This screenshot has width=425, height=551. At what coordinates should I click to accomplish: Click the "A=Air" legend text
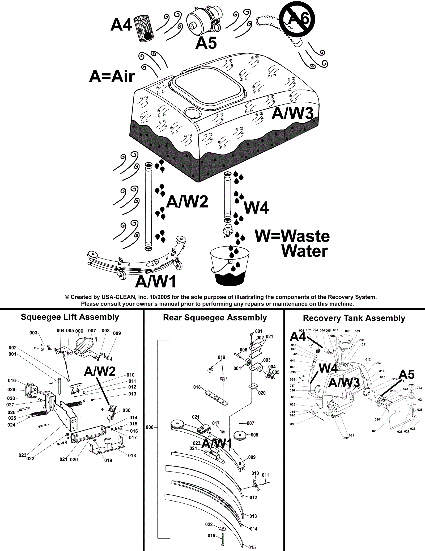[x=112, y=77]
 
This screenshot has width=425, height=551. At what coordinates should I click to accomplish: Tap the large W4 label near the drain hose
[x=256, y=208]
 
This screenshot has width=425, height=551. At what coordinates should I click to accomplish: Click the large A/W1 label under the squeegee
[x=156, y=282]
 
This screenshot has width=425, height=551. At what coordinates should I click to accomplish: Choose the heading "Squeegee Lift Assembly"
[x=70, y=317]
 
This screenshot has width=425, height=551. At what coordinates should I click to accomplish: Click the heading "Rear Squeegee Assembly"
[x=215, y=318]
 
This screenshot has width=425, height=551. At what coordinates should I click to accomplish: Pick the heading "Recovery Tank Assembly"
[x=354, y=318]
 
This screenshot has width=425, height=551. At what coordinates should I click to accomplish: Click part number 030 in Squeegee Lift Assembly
[x=127, y=410]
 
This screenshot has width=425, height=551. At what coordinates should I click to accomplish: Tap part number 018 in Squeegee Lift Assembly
[x=132, y=456]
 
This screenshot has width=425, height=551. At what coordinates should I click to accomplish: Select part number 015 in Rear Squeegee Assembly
[x=252, y=547]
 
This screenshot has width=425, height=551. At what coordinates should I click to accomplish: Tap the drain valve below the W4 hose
[x=227, y=229]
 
